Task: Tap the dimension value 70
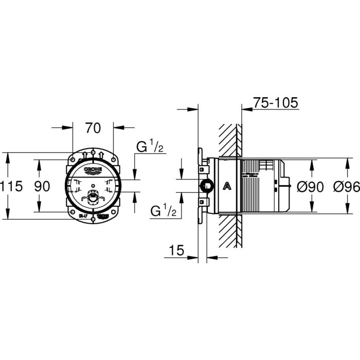tap(93, 127)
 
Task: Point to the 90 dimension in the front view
tap(43, 186)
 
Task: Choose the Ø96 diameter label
tap(345, 186)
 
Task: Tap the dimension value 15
tap(176, 250)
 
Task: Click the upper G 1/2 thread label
tap(150, 148)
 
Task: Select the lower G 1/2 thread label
tap(164, 210)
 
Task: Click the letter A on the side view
tap(226, 186)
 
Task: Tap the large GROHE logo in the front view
tap(93, 169)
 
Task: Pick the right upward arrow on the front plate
tap(103, 154)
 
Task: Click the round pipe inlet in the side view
tap(205, 186)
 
